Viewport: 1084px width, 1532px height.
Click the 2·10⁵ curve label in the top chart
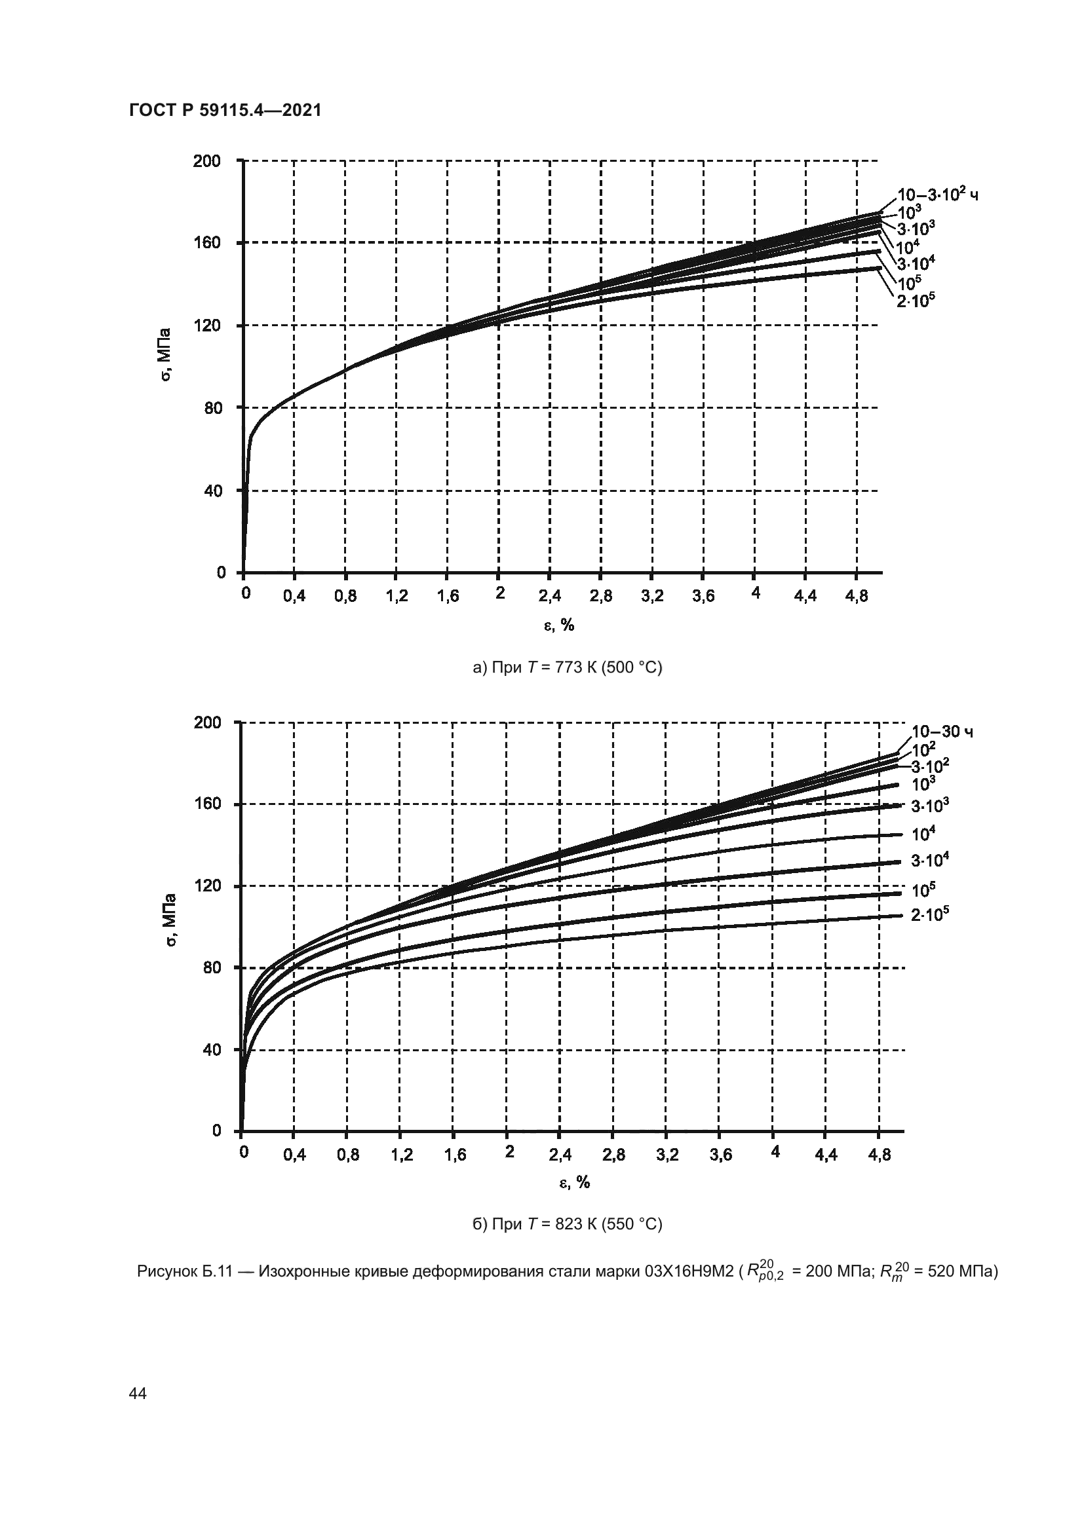(x=915, y=301)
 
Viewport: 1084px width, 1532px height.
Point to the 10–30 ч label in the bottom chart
(x=942, y=732)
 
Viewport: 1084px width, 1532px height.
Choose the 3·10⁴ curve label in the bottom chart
(x=930, y=861)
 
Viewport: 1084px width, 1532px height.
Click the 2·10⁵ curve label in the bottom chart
(x=930, y=915)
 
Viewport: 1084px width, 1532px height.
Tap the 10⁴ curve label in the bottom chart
(x=923, y=834)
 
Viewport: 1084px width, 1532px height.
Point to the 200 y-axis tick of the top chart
(x=206, y=161)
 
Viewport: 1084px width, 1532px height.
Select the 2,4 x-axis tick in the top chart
(x=549, y=597)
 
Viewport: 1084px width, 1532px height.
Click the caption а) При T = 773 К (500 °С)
(x=567, y=667)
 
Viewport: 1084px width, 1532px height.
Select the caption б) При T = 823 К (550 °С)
(x=567, y=1224)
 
